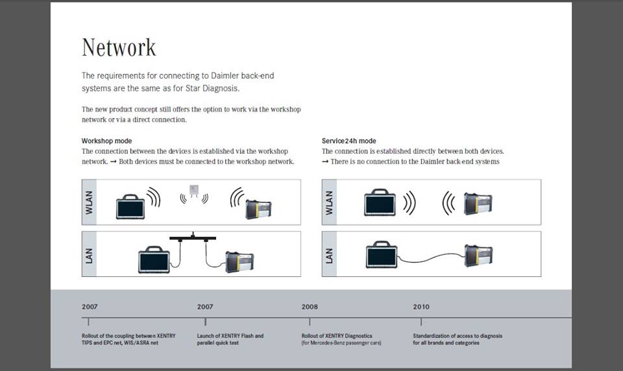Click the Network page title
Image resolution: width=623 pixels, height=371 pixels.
pos(119,47)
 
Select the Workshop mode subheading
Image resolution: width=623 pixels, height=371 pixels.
pos(106,141)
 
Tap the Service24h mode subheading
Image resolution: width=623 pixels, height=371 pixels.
pos(348,141)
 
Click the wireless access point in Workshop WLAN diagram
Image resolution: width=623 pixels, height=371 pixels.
pos(193,191)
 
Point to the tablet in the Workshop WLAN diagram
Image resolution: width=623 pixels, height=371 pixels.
pos(130,206)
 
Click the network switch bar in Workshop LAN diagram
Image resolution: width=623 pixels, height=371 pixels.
pos(193,238)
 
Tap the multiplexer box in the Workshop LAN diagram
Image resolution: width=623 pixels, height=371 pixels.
pos(239,261)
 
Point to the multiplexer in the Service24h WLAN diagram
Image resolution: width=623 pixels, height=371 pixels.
pos(478,203)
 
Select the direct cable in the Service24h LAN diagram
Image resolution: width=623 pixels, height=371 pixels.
pos(432,259)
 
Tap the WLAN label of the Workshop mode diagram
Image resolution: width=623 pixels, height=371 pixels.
pos(90,202)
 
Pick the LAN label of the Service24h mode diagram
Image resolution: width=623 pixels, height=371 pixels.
pos(330,254)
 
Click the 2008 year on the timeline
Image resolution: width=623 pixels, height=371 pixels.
pos(310,307)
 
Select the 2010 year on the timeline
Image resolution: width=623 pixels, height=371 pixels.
pos(421,307)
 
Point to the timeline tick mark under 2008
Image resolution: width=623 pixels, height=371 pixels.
pos(310,321)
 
